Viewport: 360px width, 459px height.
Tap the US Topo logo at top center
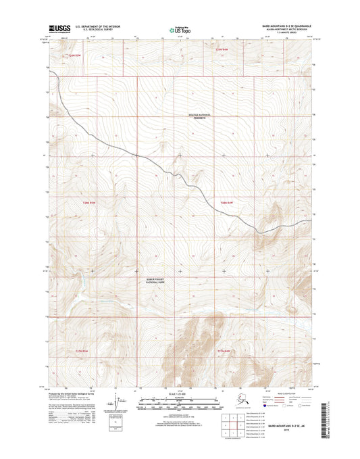tap(179, 30)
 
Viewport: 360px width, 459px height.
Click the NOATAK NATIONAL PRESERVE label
tap(199, 116)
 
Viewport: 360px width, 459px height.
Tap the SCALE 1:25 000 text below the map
tap(180, 393)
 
